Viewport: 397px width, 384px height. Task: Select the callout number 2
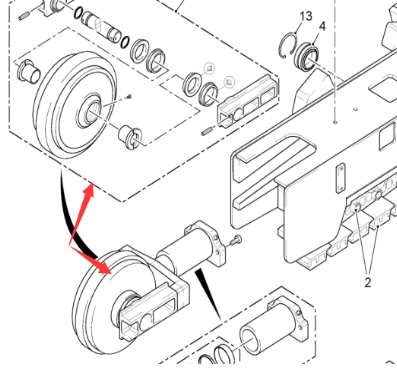click(x=367, y=282)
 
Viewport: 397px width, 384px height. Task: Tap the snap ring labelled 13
click(x=289, y=45)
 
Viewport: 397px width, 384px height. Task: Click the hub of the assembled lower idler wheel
click(x=130, y=300)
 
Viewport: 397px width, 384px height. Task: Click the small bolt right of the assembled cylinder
click(x=235, y=241)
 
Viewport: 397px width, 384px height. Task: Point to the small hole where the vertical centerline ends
click(x=334, y=123)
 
